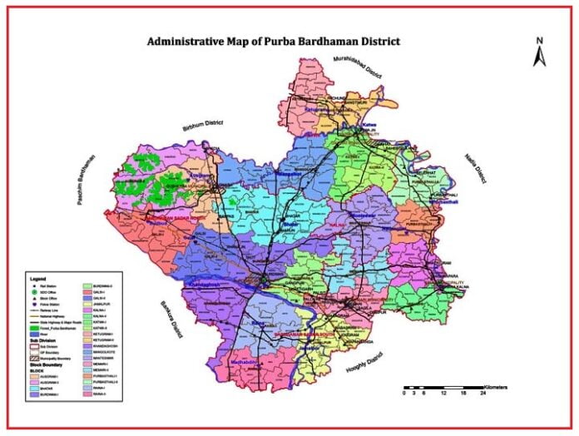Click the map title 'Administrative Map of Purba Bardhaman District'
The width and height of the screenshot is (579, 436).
274,41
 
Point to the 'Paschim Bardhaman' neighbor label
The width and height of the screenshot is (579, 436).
89,184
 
